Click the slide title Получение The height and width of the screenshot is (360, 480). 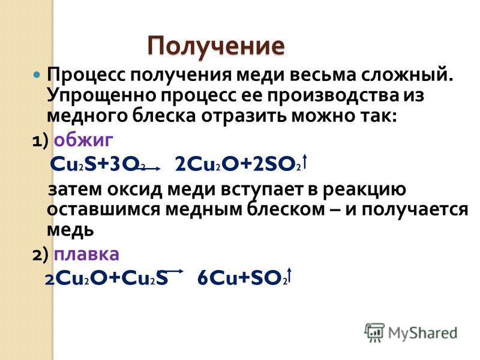216,47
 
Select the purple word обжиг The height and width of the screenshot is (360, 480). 83,141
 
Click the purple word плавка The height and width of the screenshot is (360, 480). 86,254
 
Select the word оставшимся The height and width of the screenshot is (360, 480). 103,210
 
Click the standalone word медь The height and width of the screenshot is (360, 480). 70,230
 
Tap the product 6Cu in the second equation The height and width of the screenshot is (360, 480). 217,278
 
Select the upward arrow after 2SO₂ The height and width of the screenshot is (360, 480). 304,162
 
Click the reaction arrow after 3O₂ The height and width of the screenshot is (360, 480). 151,168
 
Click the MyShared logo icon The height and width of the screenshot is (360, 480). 374,332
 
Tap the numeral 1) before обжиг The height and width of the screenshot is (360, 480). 40,141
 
